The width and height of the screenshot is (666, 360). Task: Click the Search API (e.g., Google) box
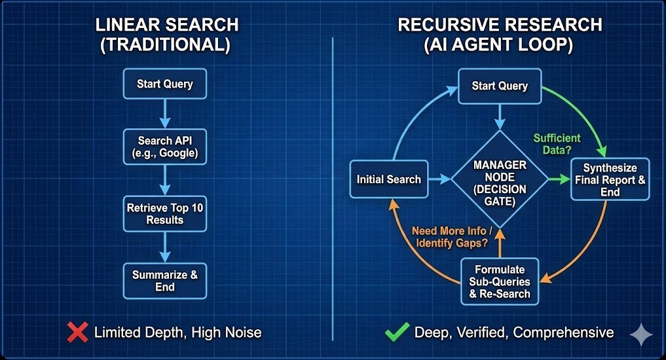(164, 147)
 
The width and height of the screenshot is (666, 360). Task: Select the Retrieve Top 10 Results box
(164, 214)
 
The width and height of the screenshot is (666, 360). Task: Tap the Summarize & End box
(164, 280)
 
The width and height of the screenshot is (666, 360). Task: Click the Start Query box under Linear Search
(164, 84)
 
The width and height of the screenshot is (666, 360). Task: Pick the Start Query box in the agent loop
(500, 86)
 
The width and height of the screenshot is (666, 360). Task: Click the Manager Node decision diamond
(500, 179)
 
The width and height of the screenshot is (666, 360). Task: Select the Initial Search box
(388, 179)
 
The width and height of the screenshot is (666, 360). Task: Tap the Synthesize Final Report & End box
(610, 179)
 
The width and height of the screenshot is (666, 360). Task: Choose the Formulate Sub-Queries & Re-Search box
(500, 281)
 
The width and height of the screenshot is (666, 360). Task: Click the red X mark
(78, 333)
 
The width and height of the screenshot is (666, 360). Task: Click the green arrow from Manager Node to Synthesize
(558, 179)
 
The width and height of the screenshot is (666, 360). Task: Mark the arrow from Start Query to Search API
(164, 115)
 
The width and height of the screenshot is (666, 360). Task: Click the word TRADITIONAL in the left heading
(166, 46)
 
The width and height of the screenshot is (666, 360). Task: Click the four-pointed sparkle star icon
(640, 334)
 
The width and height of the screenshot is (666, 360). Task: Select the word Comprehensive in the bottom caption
(563, 333)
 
